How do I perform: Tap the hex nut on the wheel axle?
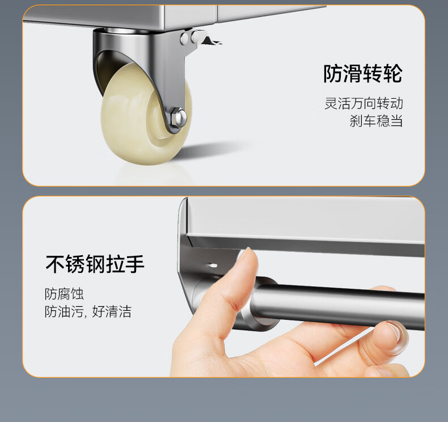[x=177, y=117]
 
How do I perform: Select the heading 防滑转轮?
[x=363, y=74]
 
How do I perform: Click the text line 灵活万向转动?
[x=364, y=103]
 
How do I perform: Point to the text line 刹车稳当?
[x=377, y=121]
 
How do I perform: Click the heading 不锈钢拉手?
[x=95, y=264]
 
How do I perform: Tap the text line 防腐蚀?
[x=64, y=294]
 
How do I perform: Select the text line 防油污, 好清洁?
[x=88, y=311]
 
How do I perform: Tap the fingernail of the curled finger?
[x=398, y=333]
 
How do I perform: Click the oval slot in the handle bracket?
[x=213, y=265]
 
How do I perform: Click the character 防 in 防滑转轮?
[x=333, y=74]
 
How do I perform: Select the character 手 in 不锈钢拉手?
[x=135, y=264]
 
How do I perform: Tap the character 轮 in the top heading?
[x=393, y=74]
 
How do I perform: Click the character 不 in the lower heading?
[x=55, y=264]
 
